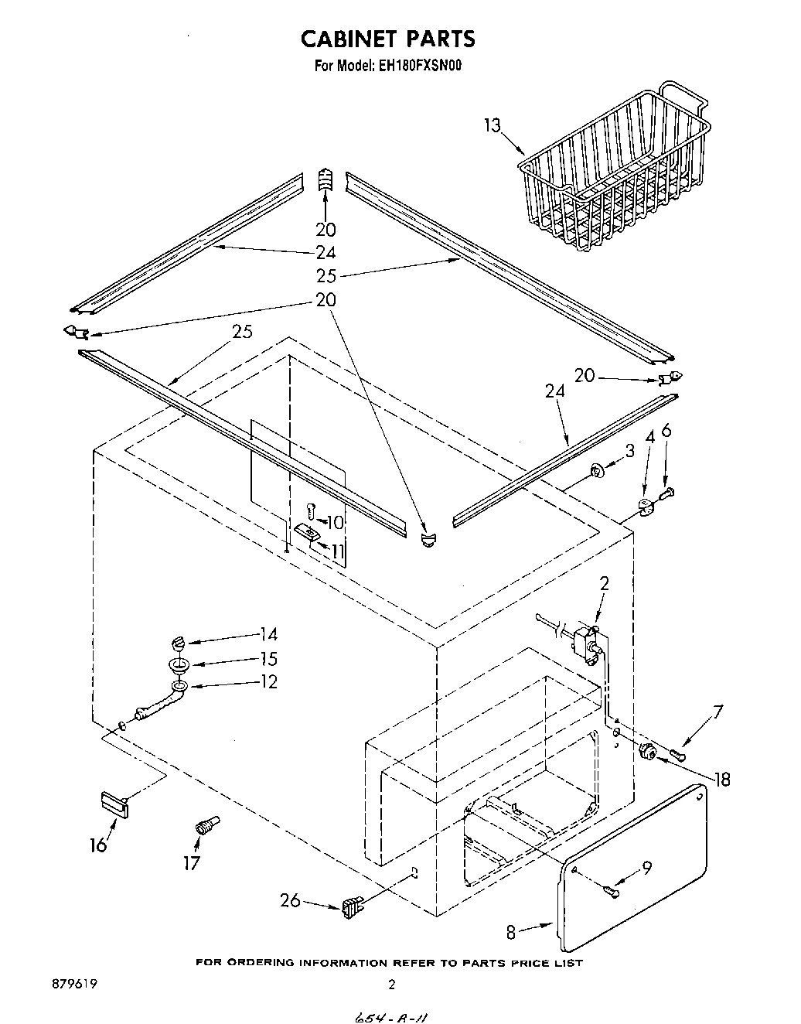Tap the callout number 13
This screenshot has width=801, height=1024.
493,125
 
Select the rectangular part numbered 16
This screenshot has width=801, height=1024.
114,802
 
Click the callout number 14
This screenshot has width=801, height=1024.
268,634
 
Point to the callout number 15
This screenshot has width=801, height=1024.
268,659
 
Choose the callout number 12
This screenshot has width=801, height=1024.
268,682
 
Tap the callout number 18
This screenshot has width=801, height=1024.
723,780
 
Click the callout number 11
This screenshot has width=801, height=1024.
337,551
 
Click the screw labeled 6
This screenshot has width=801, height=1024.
666,491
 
